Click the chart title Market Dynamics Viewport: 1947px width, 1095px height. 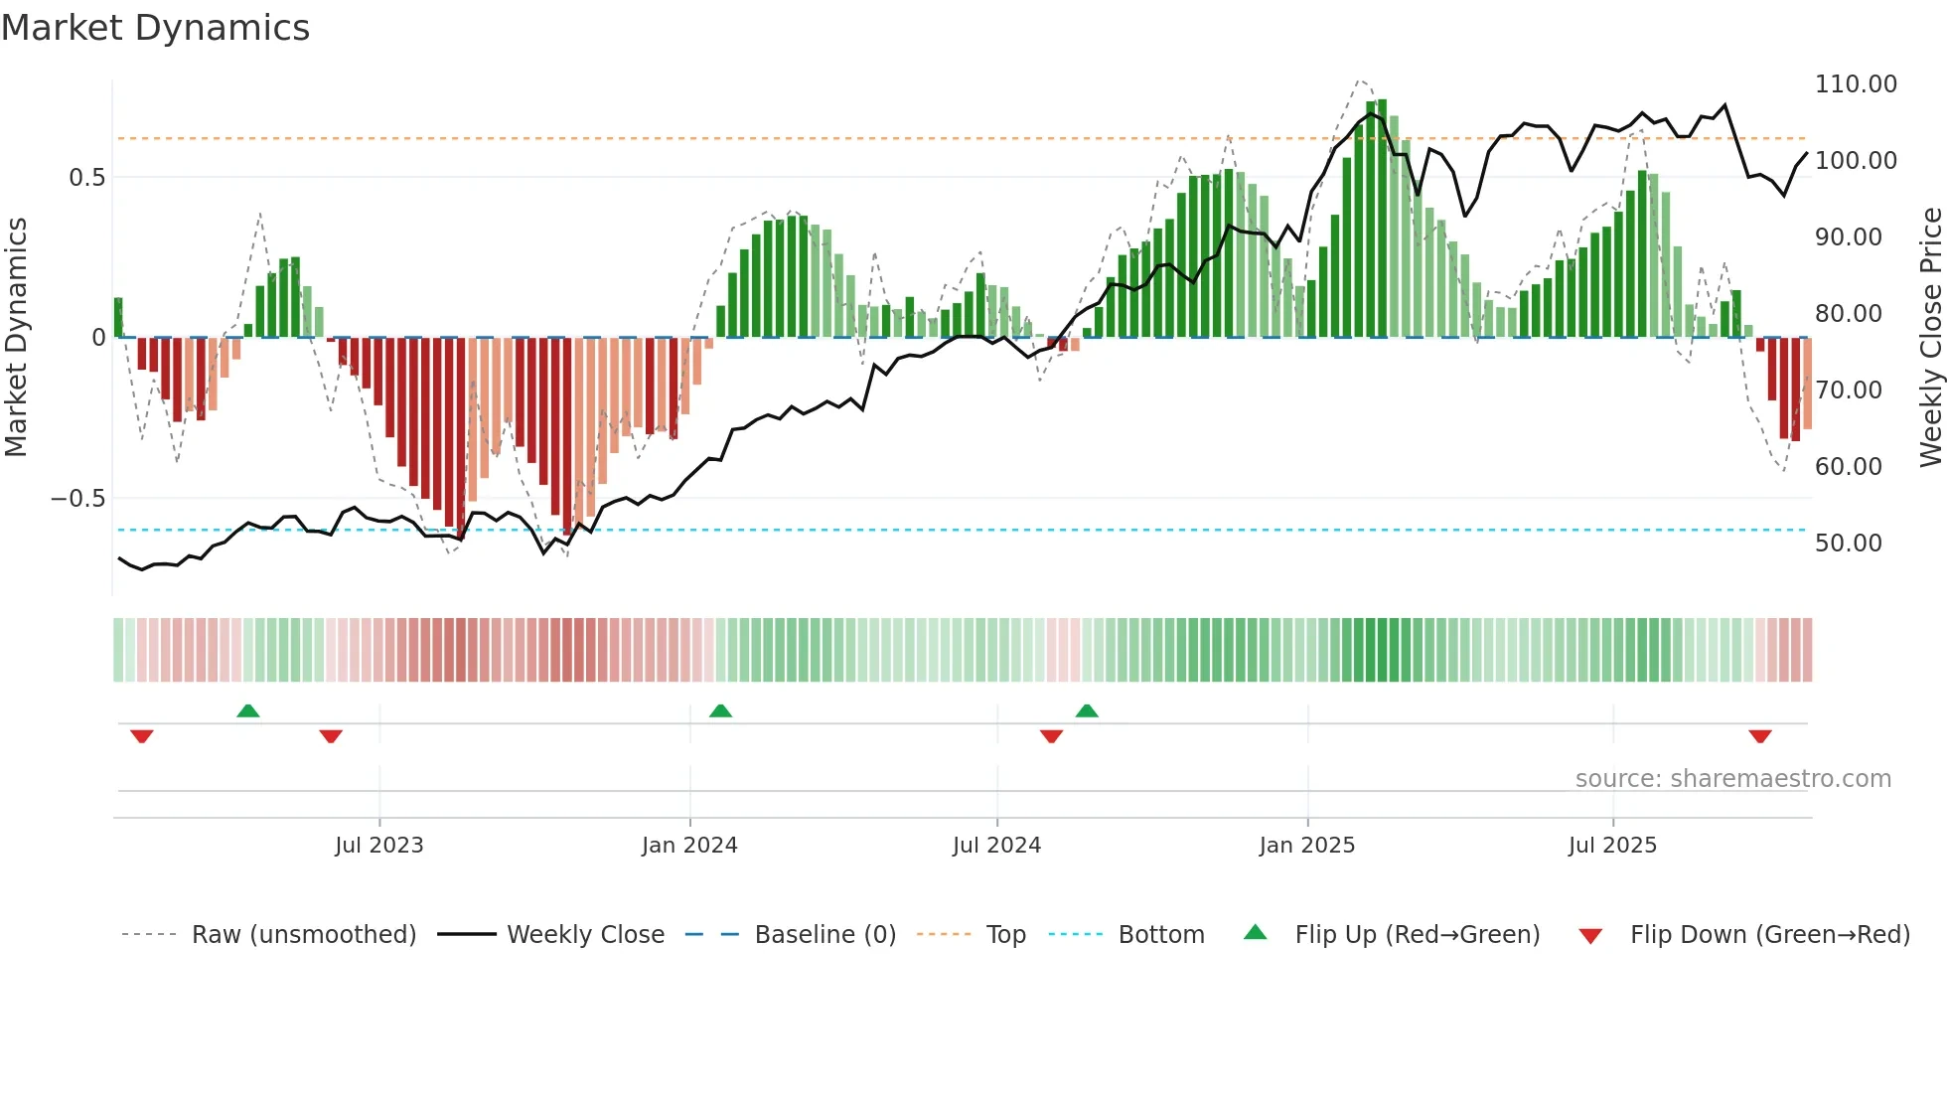click(x=155, y=28)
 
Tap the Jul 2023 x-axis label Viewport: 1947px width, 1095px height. click(x=378, y=846)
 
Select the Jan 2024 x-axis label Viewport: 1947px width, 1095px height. click(x=689, y=846)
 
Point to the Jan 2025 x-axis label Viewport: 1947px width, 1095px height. click(x=1306, y=846)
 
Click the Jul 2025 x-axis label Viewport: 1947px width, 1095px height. click(x=1612, y=846)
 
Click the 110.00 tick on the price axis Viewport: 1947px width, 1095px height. click(x=1855, y=84)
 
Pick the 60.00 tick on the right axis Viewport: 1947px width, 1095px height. click(x=1848, y=467)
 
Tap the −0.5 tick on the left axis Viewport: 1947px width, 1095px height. click(x=78, y=499)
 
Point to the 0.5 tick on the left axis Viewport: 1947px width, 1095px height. click(x=86, y=178)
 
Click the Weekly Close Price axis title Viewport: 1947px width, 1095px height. click(x=1930, y=338)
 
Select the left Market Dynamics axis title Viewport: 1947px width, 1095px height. click(x=16, y=338)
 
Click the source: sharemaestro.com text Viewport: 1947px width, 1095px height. click(x=1732, y=779)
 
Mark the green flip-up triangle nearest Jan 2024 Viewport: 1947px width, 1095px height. click(x=720, y=710)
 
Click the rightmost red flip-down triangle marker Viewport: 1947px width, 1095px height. click(x=1760, y=736)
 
